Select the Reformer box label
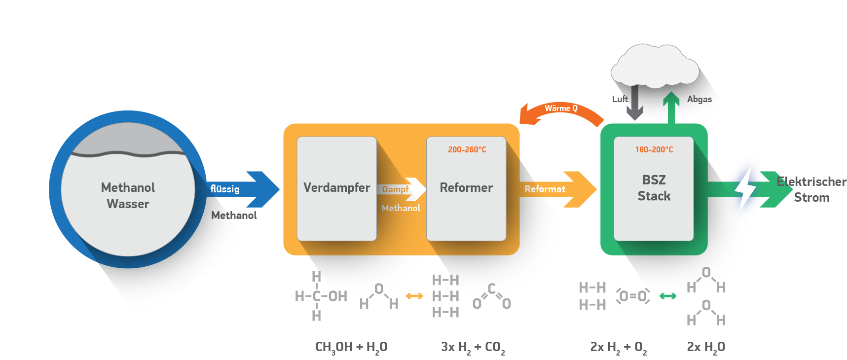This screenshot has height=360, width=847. pos(466,188)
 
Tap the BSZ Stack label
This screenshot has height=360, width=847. pos(654,188)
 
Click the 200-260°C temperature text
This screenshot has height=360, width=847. pos(467,149)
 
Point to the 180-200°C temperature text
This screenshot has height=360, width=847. pos(654,149)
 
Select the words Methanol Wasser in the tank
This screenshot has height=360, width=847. pos(128,196)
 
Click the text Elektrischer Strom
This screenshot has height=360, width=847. pos(811,189)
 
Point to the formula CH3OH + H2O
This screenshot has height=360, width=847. pos(351,347)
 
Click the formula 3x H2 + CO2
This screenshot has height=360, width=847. pos(473,347)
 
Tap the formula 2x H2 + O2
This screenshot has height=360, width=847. pos(618,347)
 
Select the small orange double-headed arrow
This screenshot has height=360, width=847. pos(414,296)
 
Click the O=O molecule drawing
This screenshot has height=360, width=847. pos(633,296)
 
